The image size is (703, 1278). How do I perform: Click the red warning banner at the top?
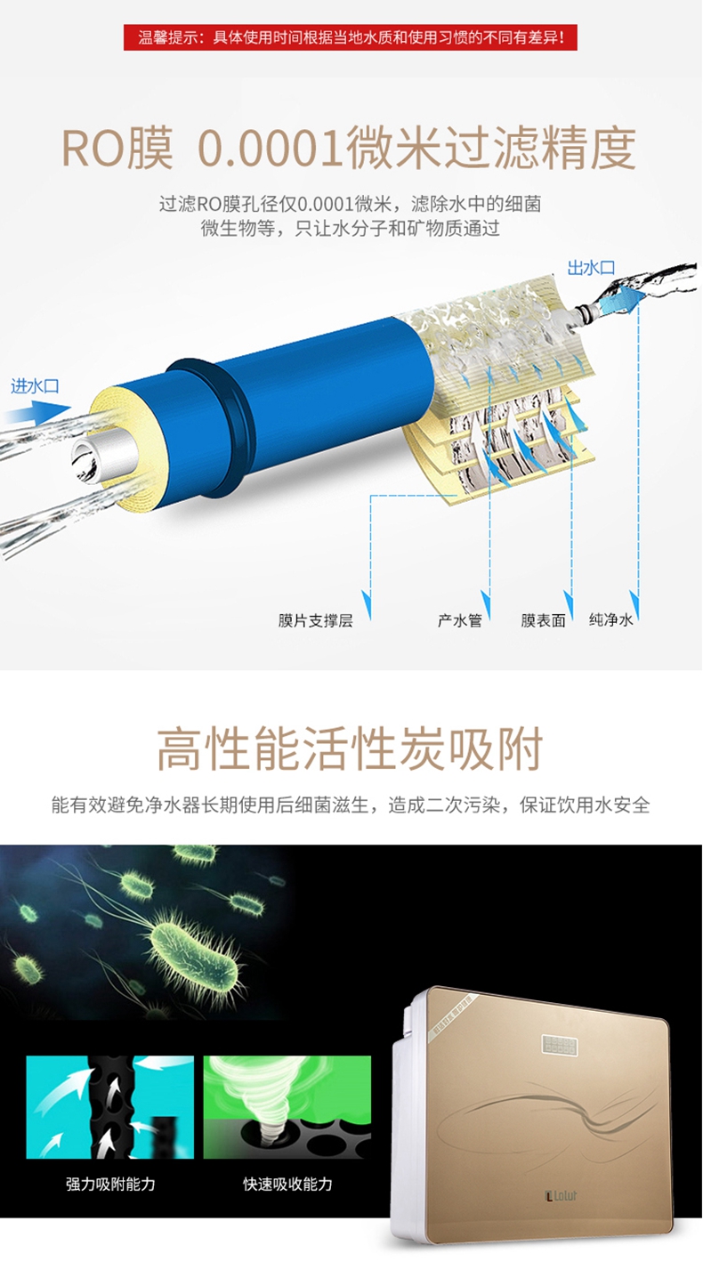point(351,37)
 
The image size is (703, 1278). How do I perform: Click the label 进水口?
point(35,386)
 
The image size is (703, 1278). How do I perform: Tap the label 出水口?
point(591,268)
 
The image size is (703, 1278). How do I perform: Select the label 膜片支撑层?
point(316,620)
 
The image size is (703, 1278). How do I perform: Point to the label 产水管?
point(460,620)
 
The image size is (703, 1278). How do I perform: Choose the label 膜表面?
point(543,620)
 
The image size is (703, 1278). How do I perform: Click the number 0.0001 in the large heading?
point(269,149)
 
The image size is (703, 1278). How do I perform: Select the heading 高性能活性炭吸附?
point(350,748)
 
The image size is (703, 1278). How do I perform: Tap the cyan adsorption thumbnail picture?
point(110,1107)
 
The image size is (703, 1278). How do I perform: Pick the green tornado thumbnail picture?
point(287,1107)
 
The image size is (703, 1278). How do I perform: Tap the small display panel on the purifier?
point(559,1045)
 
